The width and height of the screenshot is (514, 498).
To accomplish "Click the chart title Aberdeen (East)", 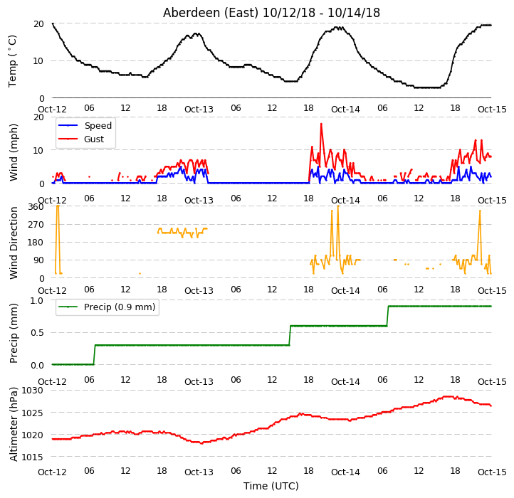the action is coord(211,13).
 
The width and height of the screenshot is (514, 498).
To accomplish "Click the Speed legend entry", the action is coord(85,125).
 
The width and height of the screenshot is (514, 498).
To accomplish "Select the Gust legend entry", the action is coord(81,139).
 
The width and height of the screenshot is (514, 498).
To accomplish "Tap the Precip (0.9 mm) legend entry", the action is coord(107,307).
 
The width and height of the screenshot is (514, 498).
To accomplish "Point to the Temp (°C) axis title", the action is coord(12,61).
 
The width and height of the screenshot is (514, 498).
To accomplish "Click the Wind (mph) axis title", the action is coord(14,152).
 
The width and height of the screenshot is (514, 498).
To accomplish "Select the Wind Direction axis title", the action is coord(14,243).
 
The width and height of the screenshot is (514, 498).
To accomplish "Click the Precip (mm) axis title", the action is coord(14,333).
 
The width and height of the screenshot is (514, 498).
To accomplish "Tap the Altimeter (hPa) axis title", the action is coord(14,424).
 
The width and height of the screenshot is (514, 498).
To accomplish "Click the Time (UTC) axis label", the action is coord(271,485).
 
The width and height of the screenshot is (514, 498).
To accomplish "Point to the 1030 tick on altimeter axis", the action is coord(32,390).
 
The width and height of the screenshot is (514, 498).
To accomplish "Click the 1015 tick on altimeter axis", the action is coord(32,457).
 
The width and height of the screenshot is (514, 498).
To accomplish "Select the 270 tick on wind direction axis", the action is coord(36,224).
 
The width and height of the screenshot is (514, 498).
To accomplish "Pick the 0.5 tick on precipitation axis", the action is coord(37,332).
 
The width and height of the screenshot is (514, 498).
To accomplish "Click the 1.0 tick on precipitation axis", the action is coord(37,300).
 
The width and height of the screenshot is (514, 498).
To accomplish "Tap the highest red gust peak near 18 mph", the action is coord(321,124).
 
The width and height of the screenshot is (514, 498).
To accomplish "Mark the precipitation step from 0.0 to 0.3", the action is coord(95,355).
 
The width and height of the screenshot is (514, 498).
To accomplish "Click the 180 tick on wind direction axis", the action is coord(36,243).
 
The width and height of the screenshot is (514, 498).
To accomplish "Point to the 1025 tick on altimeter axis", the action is coord(32,413).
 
